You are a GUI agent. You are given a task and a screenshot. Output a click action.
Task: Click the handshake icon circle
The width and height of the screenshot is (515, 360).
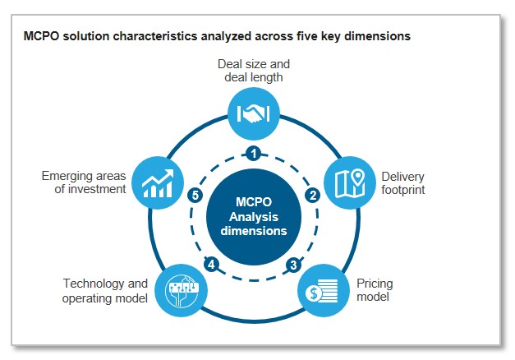click(x=254, y=113)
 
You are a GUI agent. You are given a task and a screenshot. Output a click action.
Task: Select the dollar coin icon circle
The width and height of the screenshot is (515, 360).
click(x=317, y=291)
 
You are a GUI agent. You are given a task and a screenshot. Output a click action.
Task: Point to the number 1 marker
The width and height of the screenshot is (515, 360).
click(x=254, y=153)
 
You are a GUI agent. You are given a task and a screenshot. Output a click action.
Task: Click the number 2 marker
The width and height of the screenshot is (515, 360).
click(x=312, y=196)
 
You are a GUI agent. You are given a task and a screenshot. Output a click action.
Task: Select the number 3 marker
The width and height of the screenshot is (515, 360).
click(x=293, y=265)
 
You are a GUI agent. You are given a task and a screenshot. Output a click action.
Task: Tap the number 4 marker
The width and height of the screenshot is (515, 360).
click(x=211, y=265)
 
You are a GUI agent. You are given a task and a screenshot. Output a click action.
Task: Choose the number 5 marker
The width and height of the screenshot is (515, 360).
click(x=195, y=196)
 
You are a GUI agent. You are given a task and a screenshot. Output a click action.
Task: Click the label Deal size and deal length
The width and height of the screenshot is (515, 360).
click(x=254, y=71)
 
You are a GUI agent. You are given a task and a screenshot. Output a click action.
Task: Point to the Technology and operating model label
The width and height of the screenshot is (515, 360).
click(x=105, y=291)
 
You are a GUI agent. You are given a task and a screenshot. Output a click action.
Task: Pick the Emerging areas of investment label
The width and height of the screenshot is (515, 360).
click(x=84, y=182)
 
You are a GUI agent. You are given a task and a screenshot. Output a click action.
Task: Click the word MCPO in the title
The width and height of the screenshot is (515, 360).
click(x=40, y=36)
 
